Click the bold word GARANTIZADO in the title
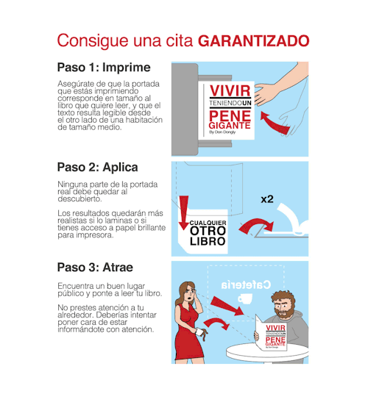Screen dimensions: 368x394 pyautogui.click(x=253, y=41)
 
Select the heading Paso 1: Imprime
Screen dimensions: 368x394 pyautogui.click(x=104, y=68)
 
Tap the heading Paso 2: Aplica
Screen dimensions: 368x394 pyautogui.click(x=98, y=168)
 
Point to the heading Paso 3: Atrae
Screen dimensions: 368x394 pyautogui.click(x=95, y=267)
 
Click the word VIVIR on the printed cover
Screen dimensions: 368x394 pyautogui.click(x=230, y=90)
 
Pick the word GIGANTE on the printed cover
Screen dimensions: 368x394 pyautogui.click(x=230, y=126)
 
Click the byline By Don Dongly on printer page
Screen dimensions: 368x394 pyautogui.click(x=222, y=132)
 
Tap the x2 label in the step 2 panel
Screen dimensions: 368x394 pyautogui.click(x=267, y=199)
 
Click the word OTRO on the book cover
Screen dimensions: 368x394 pyautogui.click(x=208, y=231)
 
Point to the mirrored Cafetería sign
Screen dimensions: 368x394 pyautogui.click(x=246, y=284)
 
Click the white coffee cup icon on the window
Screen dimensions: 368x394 pyautogui.click(x=244, y=298)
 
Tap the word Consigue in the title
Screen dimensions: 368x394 pyautogui.click(x=93, y=40)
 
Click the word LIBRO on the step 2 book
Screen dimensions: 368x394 pyautogui.click(x=208, y=242)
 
